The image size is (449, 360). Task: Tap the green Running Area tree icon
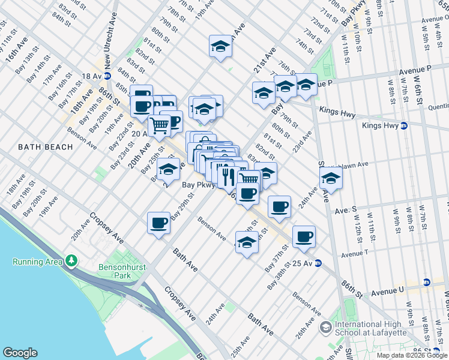coord(71,261)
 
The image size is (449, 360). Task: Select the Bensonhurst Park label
coord(115,271)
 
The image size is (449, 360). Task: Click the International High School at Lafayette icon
coord(326,328)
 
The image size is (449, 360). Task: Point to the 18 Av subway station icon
coord(107,76)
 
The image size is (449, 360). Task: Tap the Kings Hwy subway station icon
coord(404,125)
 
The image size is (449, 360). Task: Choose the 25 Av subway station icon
coord(318,263)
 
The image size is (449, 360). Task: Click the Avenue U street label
coord(389,292)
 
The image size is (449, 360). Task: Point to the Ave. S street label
coord(346,211)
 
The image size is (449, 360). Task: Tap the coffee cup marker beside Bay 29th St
coord(159,223)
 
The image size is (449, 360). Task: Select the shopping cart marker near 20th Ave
coord(159,125)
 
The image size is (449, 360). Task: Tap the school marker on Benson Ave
coord(247,242)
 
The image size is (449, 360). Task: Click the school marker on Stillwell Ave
coord(330,178)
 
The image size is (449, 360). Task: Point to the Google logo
coord(20,353)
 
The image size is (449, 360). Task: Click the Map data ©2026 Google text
coord(412,355)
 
